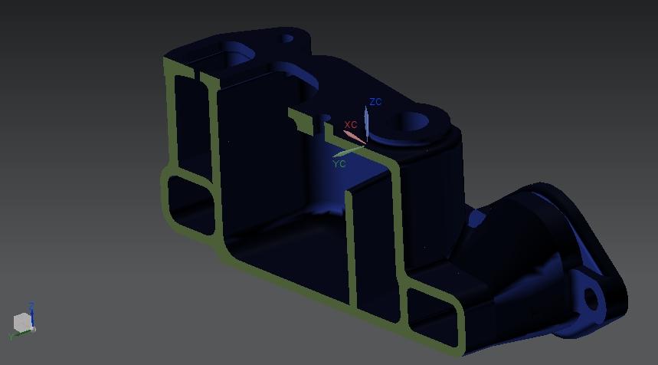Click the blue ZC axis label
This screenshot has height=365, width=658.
375,102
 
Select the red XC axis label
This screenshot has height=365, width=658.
351,125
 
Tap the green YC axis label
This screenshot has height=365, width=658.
339,164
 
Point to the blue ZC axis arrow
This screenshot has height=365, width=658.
367,121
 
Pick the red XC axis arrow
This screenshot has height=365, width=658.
354,136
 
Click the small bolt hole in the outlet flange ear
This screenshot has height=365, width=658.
591,300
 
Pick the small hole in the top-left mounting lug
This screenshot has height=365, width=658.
287,38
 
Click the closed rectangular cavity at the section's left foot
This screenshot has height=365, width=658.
189,204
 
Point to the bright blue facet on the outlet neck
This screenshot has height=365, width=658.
476,220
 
